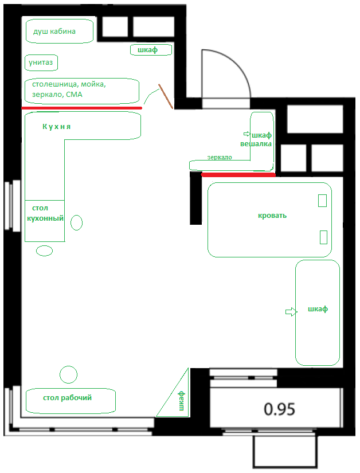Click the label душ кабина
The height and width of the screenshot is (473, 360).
(54, 32)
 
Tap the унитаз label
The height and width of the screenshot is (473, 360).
(41, 62)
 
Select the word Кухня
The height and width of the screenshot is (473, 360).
(56, 127)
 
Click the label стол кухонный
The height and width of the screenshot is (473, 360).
(45, 213)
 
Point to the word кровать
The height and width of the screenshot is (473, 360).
(272, 216)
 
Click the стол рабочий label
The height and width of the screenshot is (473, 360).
(67, 398)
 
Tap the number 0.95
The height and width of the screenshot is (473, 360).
(280, 409)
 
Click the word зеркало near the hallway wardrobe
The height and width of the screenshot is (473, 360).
(220, 157)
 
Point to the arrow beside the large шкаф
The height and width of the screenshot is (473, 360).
(291, 312)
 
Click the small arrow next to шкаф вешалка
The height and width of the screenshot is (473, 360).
(247, 134)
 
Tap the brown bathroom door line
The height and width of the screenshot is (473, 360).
(166, 96)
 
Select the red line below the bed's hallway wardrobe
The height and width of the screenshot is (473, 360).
(238, 175)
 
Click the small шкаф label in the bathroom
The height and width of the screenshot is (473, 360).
(148, 50)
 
